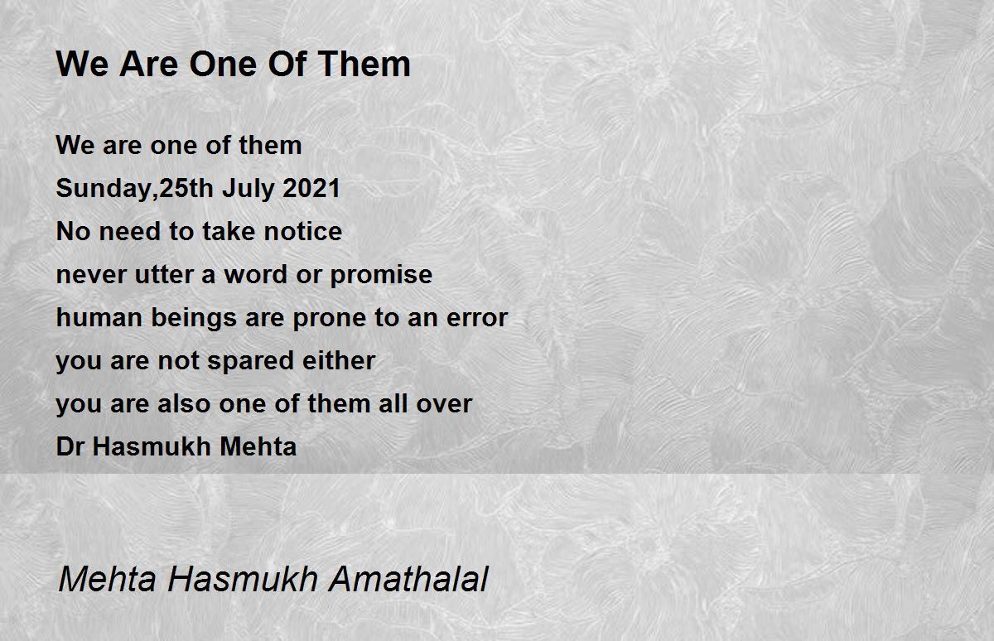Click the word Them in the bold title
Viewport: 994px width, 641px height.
[364, 65]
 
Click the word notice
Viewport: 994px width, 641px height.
[303, 232]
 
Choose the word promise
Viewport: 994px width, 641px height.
[381, 276]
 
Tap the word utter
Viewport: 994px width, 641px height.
[164, 275]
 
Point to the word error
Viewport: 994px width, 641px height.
[477, 319]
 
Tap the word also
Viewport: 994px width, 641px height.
[184, 403]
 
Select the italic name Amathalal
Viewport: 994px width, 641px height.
[408, 579]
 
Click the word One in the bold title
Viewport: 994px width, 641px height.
[224, 65]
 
